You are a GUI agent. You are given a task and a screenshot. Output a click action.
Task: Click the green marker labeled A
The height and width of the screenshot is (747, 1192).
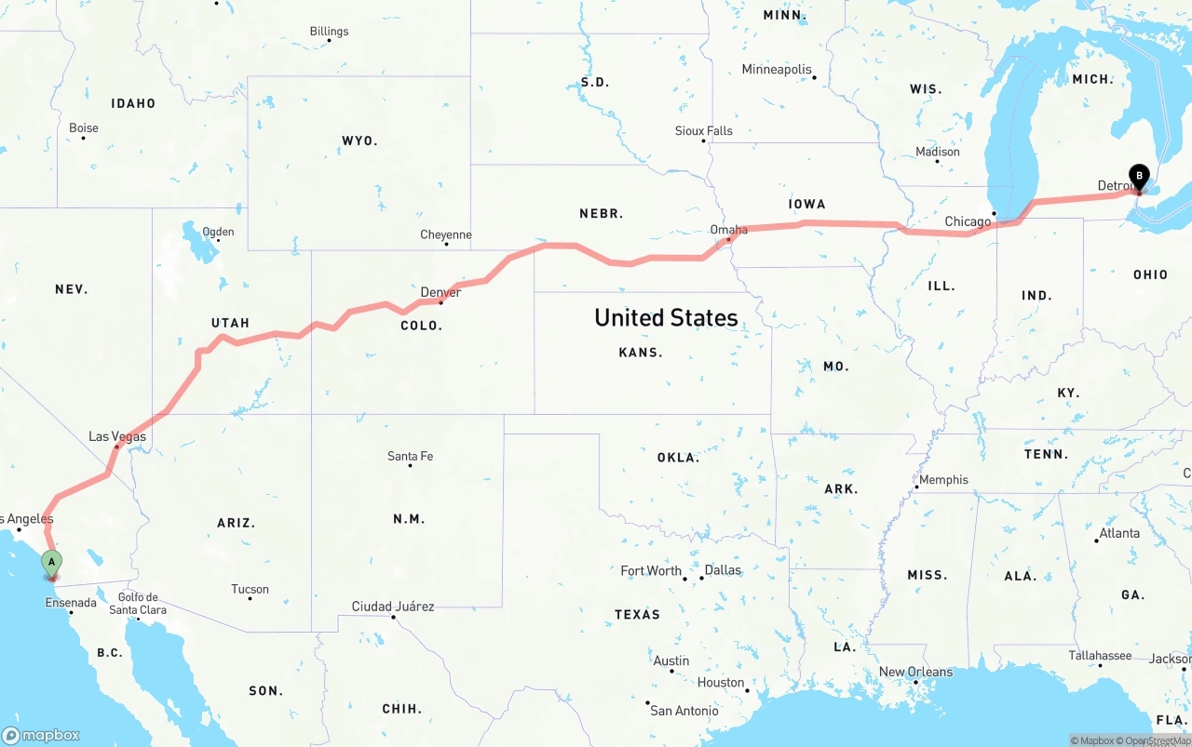pyautogui.click(x=51, y=562)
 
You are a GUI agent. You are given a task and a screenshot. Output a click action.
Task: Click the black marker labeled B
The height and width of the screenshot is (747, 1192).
pyautogui.click(x=1138, y=175)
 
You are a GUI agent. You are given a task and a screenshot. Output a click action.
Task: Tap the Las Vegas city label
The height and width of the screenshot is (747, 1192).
pyautogui.click(x=117, y=436)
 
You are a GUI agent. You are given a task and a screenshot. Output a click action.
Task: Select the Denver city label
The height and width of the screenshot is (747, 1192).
pyautogui.click(x=440, y=292)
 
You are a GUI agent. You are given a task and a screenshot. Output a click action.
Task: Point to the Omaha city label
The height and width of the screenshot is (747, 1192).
pyautogui.click(x=728, y=230)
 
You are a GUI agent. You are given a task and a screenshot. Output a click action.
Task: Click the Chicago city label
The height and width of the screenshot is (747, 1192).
pyautogui.click(x=968, y=221)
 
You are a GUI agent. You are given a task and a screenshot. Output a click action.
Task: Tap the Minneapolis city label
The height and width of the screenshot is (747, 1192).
pyautogui.click(x=777, y=70)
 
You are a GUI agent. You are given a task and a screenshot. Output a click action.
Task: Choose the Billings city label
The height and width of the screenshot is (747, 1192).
pyautogui.click(x=329, y=32)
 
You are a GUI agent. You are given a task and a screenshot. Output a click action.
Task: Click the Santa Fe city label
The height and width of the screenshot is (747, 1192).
pyautogui.click(x=410, y=456)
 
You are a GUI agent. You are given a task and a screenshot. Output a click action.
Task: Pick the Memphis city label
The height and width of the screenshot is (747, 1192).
pyautogui.click(x=943, y=480)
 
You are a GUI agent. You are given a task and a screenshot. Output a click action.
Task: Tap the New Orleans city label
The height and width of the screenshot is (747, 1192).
pyautogui.click(x=915, y=672)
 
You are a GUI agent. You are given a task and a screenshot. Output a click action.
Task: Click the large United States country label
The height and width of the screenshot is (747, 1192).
pyautogui.click(x=666, y=318)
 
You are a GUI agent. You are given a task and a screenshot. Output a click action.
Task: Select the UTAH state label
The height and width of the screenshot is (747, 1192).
pyautogui.click(x=230, y=323)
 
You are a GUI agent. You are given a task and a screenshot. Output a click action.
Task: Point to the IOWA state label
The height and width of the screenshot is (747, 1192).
pyautogui.click(x=806, y=205)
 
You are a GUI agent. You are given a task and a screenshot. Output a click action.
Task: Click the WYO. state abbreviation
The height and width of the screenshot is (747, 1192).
pyautogui.click(x=359, y=140)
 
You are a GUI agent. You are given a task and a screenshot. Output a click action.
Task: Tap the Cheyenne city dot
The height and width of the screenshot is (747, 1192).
pyautogui.click(x=446, y=245)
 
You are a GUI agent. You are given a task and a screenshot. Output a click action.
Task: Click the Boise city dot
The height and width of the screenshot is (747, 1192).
pyautogui.click(x=83, y=139)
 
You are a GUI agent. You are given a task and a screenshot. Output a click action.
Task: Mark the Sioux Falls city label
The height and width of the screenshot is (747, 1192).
pyautogui.click(x=703, y=131)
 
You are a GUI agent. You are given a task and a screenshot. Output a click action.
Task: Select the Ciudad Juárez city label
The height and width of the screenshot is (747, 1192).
pyautogui.click(x=392, y=607)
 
